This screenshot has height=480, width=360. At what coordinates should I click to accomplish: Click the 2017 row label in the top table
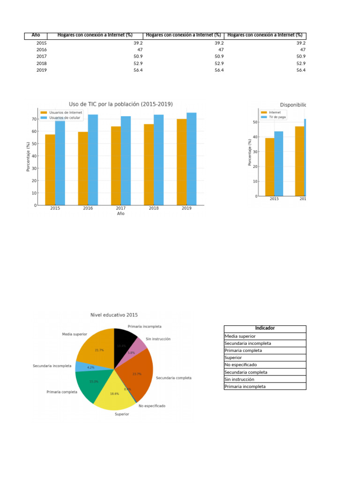(41, 56)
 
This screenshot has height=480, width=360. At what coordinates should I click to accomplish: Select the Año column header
(36, 36)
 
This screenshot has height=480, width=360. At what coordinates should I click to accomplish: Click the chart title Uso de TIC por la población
(120, 104)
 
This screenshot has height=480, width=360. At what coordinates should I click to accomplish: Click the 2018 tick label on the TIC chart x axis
(154, 208)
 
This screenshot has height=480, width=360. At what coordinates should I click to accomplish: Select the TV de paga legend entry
(277, 117)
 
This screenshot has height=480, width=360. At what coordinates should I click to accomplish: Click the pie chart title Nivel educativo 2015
(114, 315)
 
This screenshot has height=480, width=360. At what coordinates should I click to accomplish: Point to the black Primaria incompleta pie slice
(124, 339)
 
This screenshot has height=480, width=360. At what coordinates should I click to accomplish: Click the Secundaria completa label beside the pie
(173, 378)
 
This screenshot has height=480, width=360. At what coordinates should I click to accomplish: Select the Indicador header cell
(265, 329)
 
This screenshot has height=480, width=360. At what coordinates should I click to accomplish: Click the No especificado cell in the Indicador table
(240, 365)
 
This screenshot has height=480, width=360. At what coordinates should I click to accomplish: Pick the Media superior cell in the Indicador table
(240, 336)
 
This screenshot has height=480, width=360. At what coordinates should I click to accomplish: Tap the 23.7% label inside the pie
(137, 374)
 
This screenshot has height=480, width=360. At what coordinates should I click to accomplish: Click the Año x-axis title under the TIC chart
(120, 214)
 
